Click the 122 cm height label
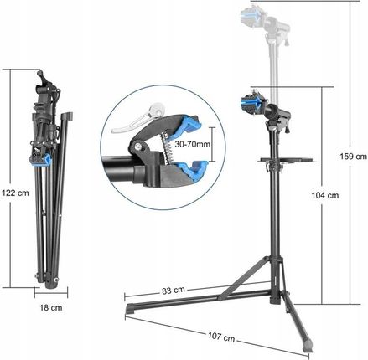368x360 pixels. click(x=15, y=193)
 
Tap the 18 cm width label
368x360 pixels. click(x=51, y=308)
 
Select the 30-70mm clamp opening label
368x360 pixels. click(x=192, y=144)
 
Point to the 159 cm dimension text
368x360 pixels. click(x=353, y=157)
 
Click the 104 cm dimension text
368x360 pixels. click(x=325, y=195)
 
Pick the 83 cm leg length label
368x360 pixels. click(x=174, y=291)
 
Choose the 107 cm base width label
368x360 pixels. click(x=221, y=337)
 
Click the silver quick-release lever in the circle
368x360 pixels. click(x=137, y=119)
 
